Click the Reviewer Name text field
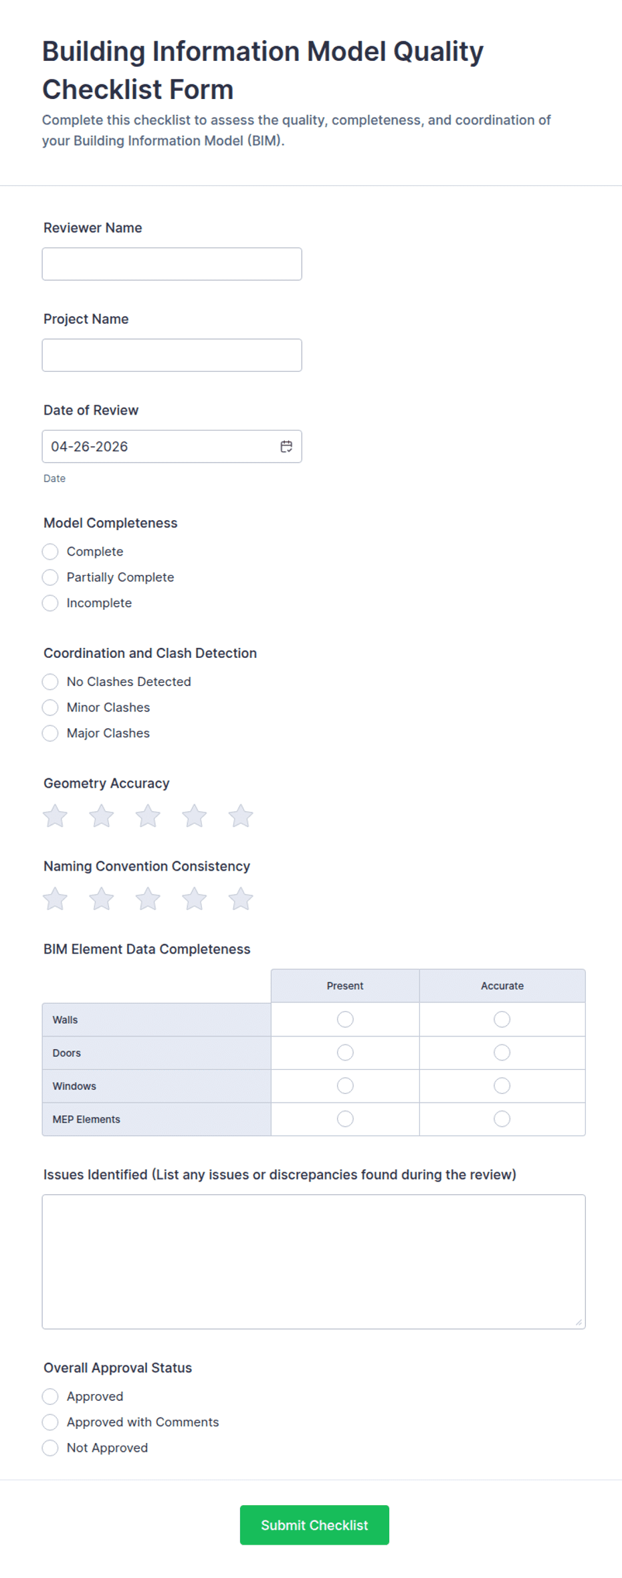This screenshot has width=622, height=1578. [172, 264]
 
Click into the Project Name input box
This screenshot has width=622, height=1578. [172, 355]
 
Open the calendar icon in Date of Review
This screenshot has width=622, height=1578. [286, 447]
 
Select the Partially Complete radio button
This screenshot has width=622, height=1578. [50, 577]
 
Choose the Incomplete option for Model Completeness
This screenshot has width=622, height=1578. [50, 603]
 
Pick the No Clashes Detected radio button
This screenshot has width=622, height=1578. [50, 681]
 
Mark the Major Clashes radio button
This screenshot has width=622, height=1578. [50, 733]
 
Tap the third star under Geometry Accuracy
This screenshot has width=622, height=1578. [148, 816]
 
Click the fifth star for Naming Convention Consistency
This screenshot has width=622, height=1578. [241, 899]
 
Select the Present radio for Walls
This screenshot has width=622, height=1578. [345, 1019]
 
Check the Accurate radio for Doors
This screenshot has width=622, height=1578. [502, 1052]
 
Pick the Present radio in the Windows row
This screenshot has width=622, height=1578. [345, 1085]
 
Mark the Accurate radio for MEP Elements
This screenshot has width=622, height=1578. [502, 1119]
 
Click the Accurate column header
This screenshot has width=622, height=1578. [502, 986]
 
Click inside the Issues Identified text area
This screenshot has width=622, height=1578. [314, 1261]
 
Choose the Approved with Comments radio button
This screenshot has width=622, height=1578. [50, 1422]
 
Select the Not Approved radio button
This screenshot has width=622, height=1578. [50, 1448]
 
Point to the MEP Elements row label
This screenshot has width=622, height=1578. [86, 1119]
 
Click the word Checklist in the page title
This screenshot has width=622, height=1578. [138, 90]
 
